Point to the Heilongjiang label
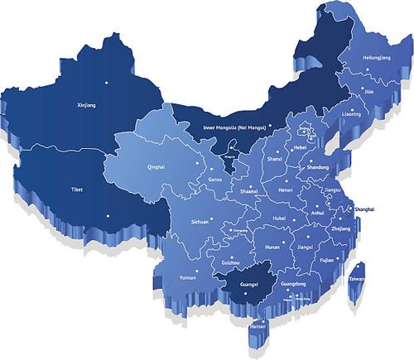click(377, 58)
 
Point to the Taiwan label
click(358, 279)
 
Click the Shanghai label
click(369, 210)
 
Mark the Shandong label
click(319, 167)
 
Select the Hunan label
click(272, 246)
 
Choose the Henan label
click(286, 190)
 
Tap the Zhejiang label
click(340, 228)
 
